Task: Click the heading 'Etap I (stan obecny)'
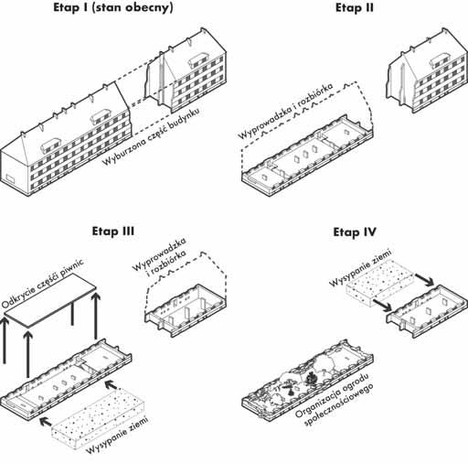[113, 8]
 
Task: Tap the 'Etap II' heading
[354, 8]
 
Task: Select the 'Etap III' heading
[113, 231]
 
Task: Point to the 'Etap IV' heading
[355, 232]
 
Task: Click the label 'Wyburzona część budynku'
[151, 136]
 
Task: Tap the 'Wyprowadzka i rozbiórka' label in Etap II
[285, 111]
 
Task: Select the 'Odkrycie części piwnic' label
[42, 284]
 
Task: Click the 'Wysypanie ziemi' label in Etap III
[118, 435]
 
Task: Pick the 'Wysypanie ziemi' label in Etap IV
[361, 267]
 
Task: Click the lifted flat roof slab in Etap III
[50, 300]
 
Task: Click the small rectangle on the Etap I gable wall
[11, 178]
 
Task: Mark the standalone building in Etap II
[428, 70]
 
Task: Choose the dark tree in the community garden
[311, 379]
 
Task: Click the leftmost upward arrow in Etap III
[5, 340]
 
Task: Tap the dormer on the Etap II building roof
[440, 59]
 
